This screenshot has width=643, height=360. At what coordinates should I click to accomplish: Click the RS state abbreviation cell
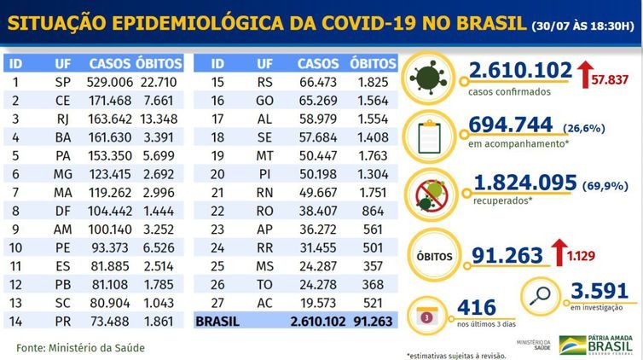coord(265,84)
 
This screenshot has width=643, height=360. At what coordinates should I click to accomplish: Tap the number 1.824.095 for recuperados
coord(520,183)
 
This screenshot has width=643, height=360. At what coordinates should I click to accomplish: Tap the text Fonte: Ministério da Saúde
coord(81,347)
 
